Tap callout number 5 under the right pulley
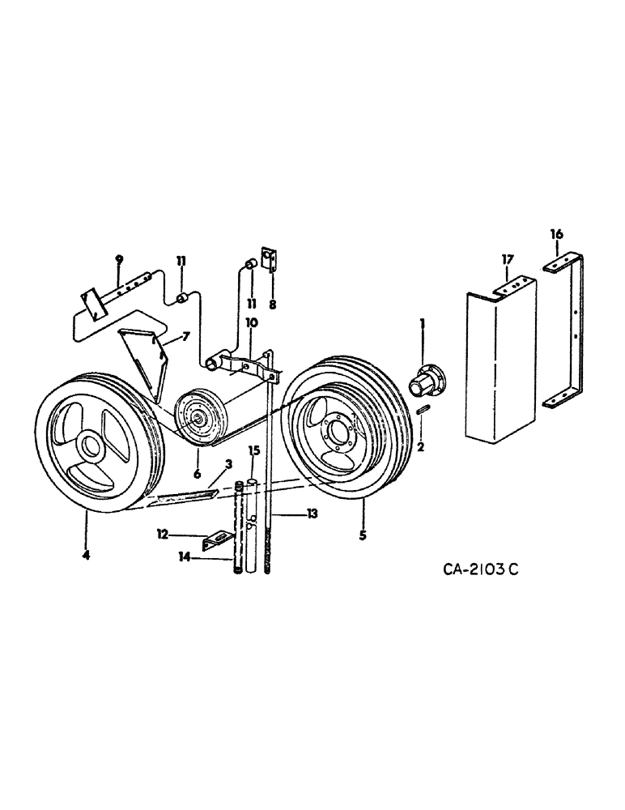363,513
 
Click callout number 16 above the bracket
556,234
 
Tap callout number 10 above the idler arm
252,322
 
